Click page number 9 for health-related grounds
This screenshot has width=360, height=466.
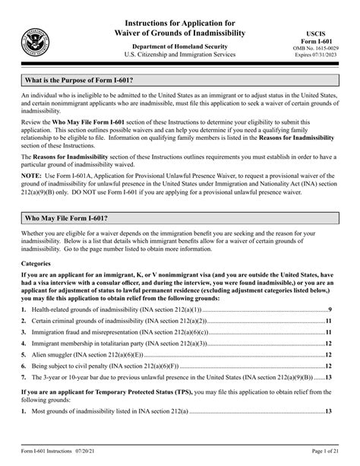(x=330, y=310)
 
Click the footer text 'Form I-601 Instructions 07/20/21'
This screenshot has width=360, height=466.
(x=60, y=454)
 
